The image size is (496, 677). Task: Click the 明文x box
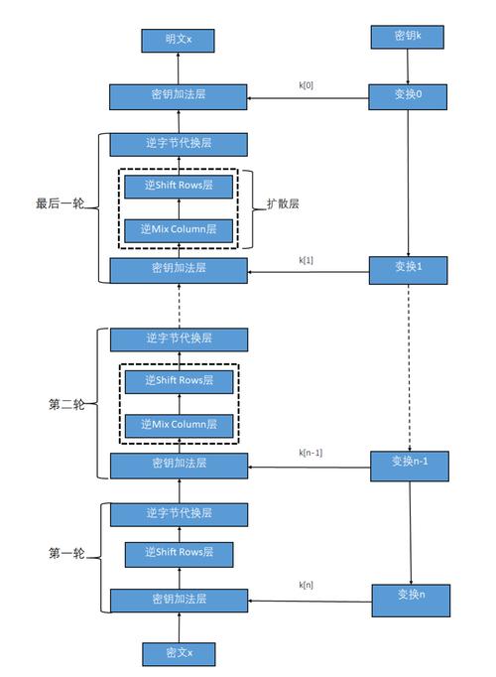(180, 40)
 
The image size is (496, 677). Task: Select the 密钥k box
(410, 38)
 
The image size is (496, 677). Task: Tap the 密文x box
(180, 652)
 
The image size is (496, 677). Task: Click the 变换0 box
(410, 96)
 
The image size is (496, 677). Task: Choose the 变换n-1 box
(410, 463)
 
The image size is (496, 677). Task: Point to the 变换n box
(410, 596)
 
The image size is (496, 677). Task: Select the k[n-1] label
(310, 453)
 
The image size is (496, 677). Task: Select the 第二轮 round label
(66, 405)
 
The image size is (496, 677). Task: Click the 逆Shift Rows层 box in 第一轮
(179, 553)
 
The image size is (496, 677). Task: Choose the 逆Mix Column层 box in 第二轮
(179, 426)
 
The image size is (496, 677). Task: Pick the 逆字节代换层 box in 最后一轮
(179, 143)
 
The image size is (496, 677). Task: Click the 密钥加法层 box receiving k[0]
(179, 95)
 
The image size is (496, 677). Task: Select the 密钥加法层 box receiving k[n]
(179, 600)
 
